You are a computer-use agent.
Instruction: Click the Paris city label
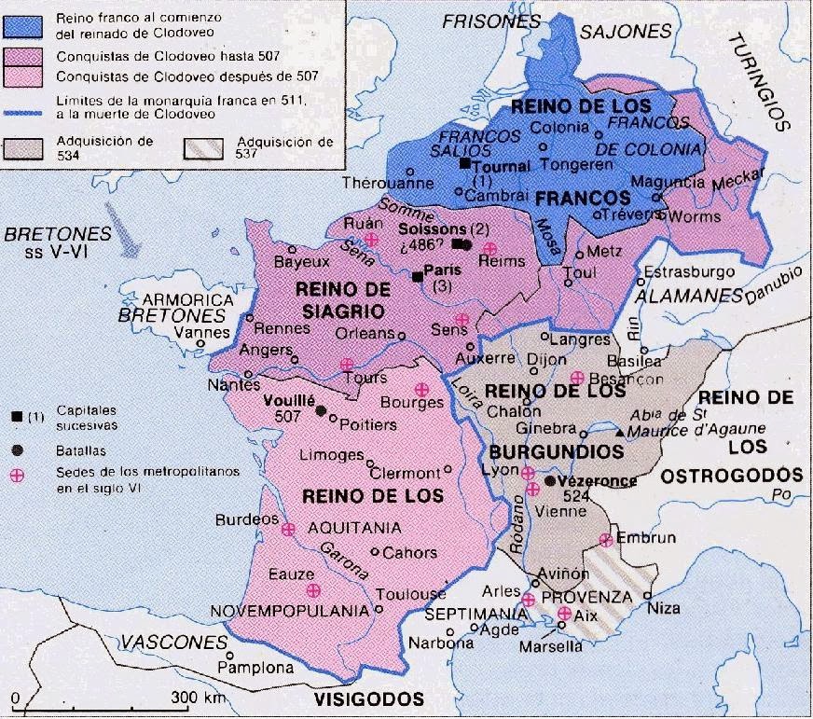point(444,269)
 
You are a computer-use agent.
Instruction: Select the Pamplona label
point(251,668)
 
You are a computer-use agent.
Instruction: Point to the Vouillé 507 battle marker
point(321,410)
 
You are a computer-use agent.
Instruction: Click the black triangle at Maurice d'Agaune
point(619,433)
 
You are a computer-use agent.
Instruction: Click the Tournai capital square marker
point(462,164)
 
